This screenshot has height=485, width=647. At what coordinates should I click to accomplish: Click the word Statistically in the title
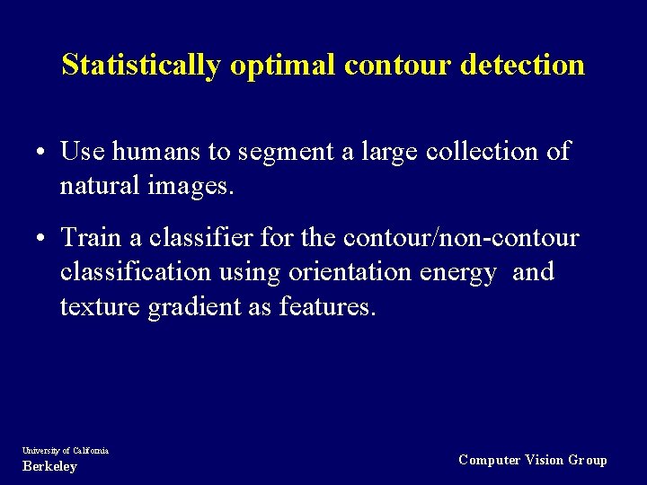(x=141, y=66)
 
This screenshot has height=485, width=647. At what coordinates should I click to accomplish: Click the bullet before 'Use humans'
(x=42, y=153)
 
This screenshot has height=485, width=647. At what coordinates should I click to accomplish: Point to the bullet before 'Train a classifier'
(x=42, y=239)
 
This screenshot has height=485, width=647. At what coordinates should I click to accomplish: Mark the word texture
(x=98, y=307)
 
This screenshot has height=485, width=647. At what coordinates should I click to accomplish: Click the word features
(x=327, y=307)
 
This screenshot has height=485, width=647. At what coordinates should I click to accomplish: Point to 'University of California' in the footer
(x=66, y=450)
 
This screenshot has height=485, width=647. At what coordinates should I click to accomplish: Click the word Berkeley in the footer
(x=49, y=467)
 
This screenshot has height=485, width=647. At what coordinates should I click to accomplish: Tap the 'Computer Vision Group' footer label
(x=533, y=460)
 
